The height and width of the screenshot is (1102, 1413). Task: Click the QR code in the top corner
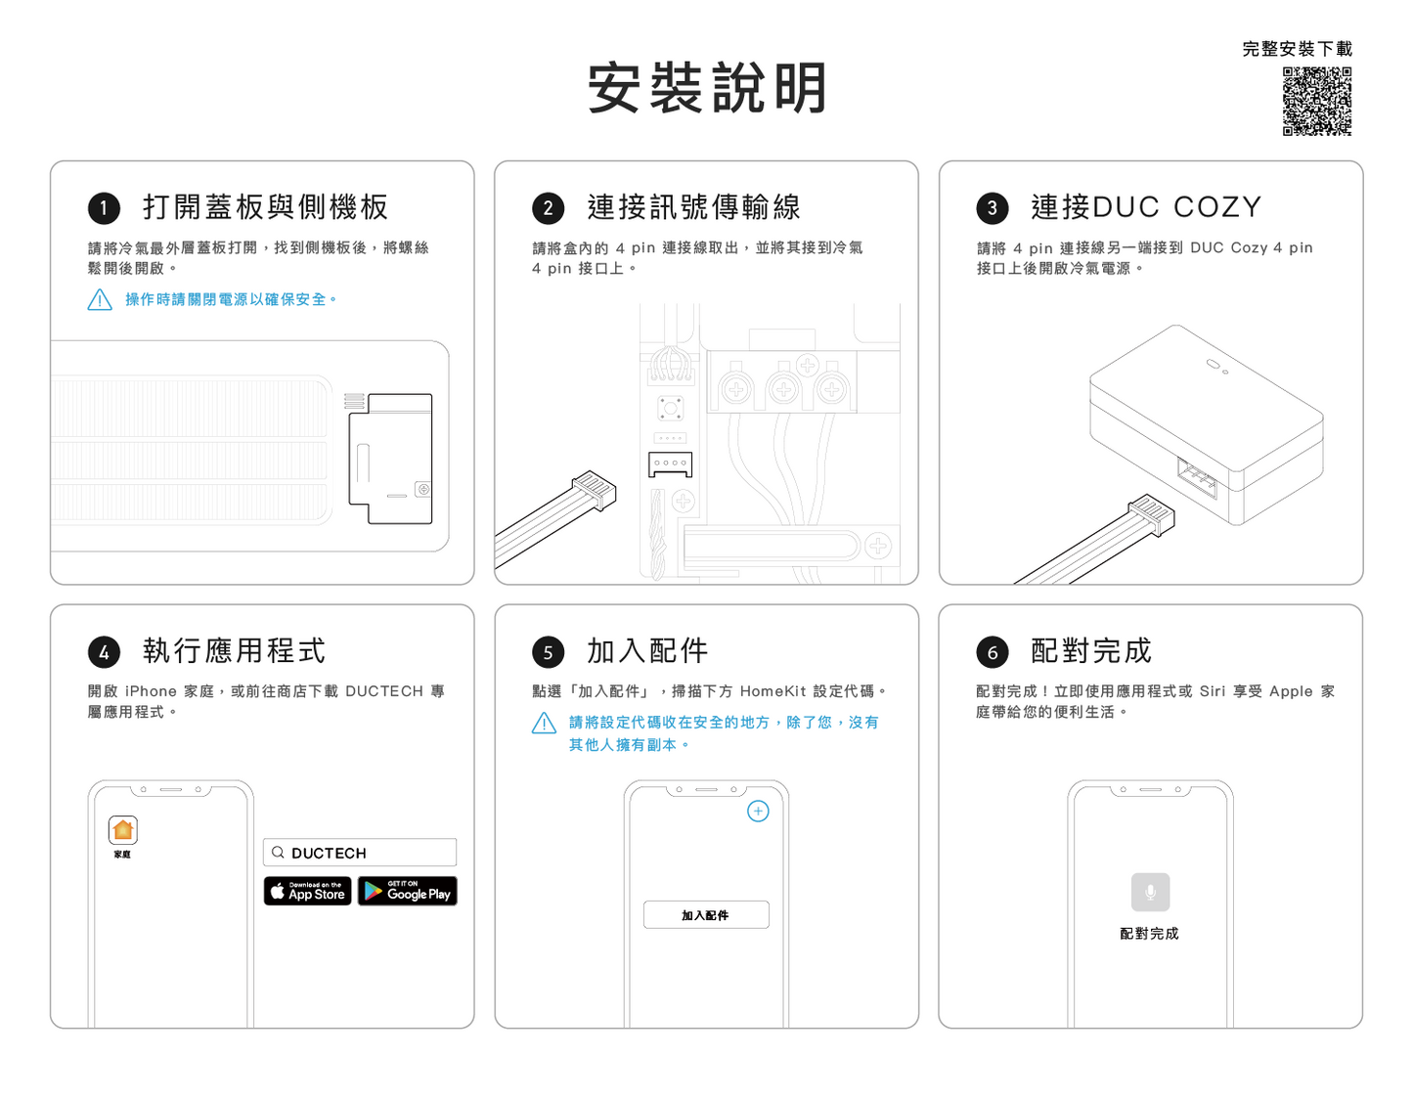point(1316,101)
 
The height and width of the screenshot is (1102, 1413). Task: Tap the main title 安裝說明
point(707,88)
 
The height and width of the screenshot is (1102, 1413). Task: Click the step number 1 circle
point(104,208)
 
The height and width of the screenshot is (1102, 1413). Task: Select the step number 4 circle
point(104,652)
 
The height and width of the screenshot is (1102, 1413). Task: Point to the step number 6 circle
point(992,652)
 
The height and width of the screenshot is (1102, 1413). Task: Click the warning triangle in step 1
point(100,300)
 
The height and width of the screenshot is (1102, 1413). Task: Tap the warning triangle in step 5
point(544,723)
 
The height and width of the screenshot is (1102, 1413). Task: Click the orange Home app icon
point(123,829)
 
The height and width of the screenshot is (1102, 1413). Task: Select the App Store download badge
point(308,891)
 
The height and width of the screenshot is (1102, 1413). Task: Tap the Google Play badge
point(408,891)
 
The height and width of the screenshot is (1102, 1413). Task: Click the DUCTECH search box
point(360,853)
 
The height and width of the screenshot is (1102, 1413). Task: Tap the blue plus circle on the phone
point(758,811)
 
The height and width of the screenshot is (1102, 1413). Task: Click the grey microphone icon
point(1150,892)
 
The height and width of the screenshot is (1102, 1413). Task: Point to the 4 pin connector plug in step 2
point(594,491)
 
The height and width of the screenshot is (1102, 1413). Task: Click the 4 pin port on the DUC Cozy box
point(1197,478)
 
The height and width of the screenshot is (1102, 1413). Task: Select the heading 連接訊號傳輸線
point(694,207)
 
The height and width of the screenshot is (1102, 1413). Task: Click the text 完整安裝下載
point(1297,49)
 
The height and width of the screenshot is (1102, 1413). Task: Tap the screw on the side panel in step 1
point(423,489)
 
